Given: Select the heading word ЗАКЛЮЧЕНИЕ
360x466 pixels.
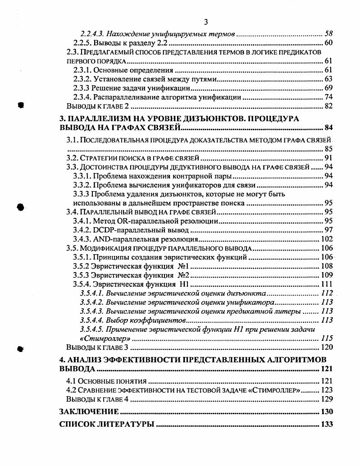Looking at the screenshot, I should [x=89, y=411].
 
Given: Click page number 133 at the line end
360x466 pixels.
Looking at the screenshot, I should [x=326, y=425].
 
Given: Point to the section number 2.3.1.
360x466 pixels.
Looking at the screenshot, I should [x=82, y=70].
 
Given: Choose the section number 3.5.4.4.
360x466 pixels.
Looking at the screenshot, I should [x=92, y=320].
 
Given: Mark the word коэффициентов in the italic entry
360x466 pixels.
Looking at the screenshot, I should [x=159, y=320].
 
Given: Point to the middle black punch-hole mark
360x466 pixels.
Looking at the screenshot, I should [x=20, y=206].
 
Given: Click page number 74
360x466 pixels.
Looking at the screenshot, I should [x=328, y=97].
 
